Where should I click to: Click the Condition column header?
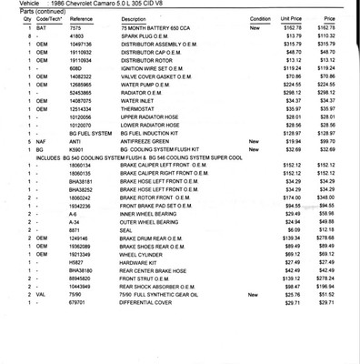click(x=260, y=18)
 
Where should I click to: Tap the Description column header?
click(x=133, y=18)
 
